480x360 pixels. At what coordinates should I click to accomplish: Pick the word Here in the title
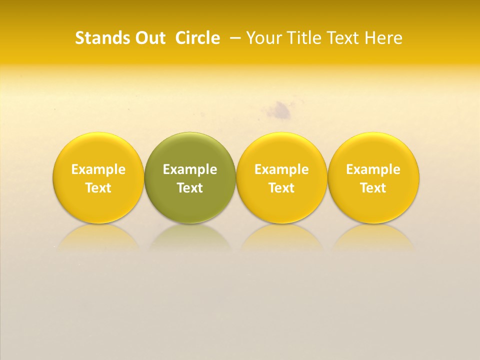383,38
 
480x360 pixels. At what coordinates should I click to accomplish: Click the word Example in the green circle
190,169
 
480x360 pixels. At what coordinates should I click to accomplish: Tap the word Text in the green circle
190,188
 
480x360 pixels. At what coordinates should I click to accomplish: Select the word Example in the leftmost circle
98,169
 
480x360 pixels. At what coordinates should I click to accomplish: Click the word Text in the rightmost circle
373,188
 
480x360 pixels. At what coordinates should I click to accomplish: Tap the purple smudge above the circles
282,111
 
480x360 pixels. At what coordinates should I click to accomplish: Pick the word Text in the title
346,38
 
